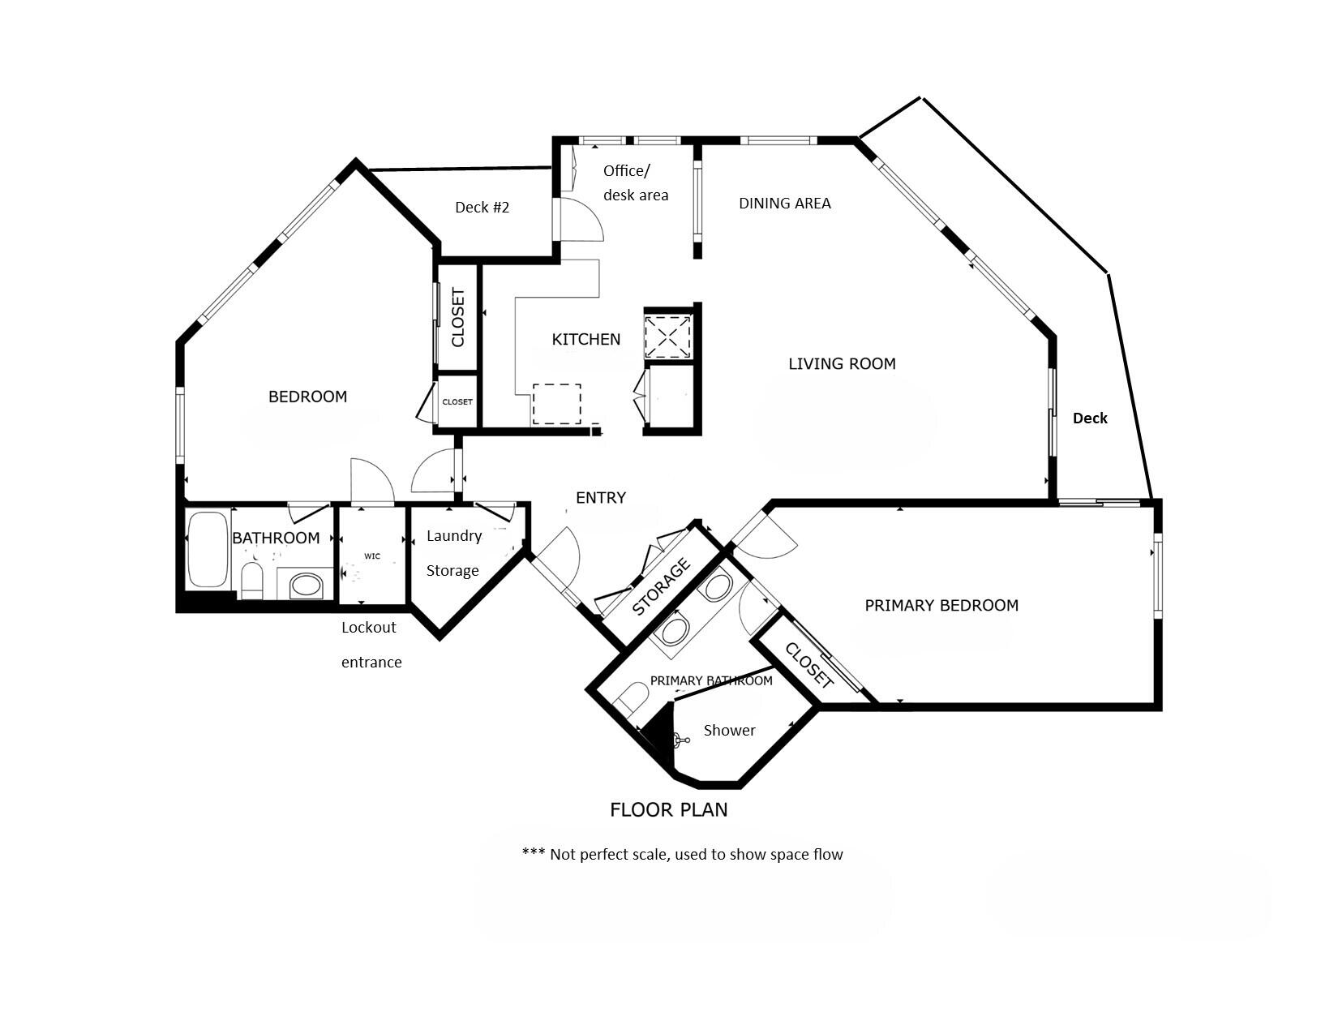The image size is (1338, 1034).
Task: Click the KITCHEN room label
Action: [585, 339]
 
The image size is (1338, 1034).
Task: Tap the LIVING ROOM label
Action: [842, 363]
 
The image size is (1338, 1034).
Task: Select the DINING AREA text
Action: [784, 203]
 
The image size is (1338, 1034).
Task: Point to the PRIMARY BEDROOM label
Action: [941, 605]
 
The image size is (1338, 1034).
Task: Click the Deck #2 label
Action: [482, 207]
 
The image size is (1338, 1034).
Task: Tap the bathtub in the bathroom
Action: [208, 549]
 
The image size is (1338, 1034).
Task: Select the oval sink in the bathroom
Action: [306, 585]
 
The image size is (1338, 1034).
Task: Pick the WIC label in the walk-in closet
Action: [372, 556]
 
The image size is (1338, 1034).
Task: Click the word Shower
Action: [729, 730]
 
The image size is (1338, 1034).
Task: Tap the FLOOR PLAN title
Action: [668, 809]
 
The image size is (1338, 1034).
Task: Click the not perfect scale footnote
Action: [682, 854]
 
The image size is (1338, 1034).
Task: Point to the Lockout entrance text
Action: [371, 644]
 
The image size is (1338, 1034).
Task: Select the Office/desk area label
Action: [635, 182]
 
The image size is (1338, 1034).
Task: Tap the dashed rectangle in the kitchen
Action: [556, 404]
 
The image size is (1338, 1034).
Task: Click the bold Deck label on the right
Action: [1089, 418]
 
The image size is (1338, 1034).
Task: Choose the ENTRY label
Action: [600, 497]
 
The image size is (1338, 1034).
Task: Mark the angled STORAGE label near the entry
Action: [661, 586]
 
